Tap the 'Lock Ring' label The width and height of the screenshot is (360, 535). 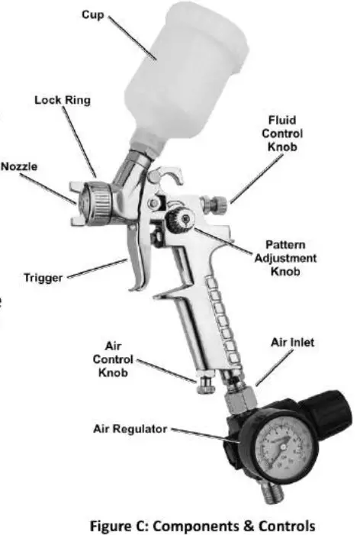pos(62,100)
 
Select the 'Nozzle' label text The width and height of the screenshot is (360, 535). pos(18,166)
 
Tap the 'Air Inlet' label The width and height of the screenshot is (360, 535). pos(292,343)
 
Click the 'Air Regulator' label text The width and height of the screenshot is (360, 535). pos(130,429)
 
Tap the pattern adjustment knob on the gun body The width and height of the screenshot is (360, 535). pos(179,221)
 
